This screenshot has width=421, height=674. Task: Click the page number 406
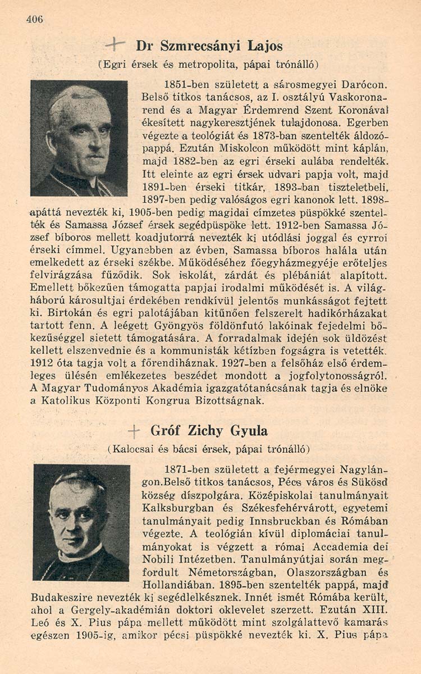click(x=34, y=19)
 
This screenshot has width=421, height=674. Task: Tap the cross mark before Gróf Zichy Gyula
click(x=134, y=431)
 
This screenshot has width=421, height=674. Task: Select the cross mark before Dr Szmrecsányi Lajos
click(x=115, y=43)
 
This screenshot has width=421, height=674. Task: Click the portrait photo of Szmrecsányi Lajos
click(x=79, y=138)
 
